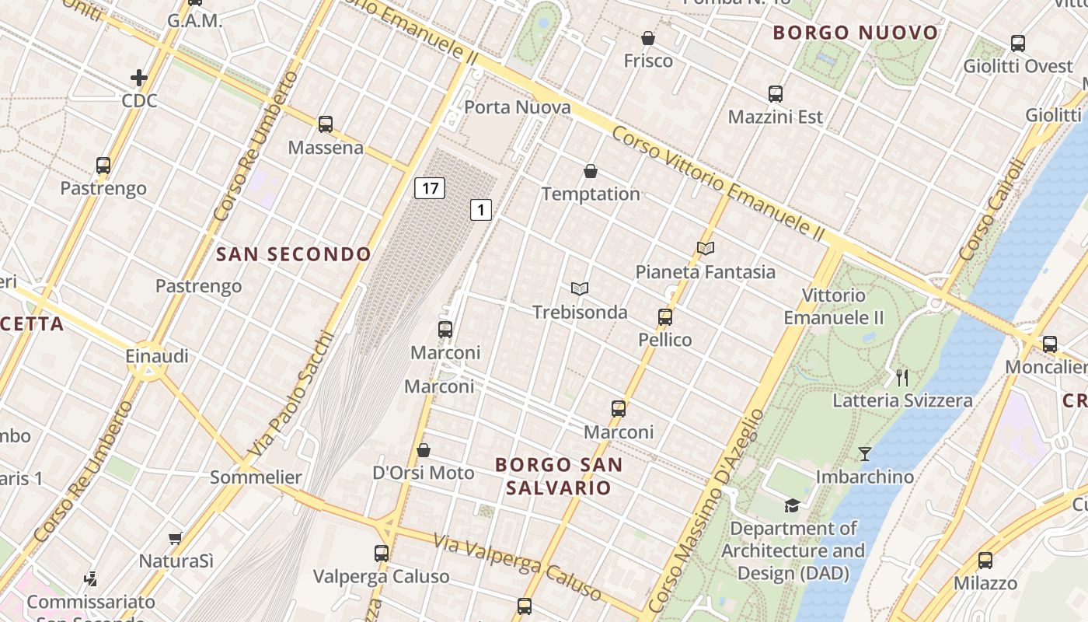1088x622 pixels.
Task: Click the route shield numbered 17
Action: coord(429,187)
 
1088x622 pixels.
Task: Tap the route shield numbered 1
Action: coord(481,209)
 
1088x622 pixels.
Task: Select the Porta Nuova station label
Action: coord(517,107)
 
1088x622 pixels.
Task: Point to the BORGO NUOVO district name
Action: coord(856,33)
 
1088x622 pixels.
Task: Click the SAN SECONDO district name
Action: coord(294,254)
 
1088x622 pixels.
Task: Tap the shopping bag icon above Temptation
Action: coord(591,171)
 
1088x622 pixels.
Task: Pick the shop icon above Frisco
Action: coord(648,37)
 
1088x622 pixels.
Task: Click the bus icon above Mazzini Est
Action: coord(776,94)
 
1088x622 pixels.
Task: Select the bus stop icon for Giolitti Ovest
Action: coord(1018,44)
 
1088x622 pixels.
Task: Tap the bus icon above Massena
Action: coord(326,124)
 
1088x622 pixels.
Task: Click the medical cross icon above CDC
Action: coord(139,78)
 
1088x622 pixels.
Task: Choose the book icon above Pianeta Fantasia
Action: coord(706,248)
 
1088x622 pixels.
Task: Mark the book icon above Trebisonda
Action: coord(579,288)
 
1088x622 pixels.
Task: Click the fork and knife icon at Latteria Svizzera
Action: coord(902,378)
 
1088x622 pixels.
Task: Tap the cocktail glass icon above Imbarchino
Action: coord(865,453)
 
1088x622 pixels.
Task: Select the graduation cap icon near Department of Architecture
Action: coord(792,505)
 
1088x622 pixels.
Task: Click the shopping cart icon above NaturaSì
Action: coord(176,538)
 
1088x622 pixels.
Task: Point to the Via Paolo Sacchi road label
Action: coord(291,395)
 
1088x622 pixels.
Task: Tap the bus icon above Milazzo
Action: coord(985,560)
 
